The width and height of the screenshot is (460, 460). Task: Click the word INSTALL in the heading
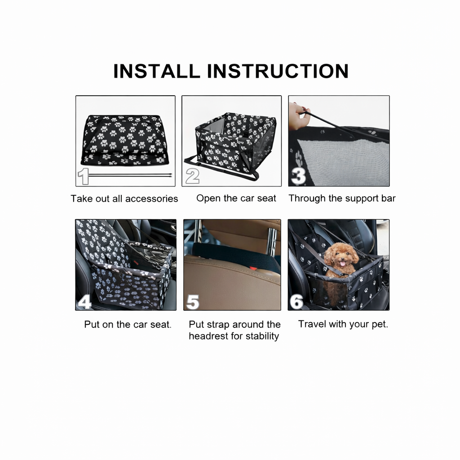[157, 71]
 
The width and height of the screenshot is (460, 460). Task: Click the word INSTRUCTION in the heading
[278, 71]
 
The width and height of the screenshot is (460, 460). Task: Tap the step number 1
[83, 176]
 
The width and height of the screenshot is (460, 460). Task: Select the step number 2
[192, 176]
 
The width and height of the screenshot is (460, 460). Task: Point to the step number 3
[299, 176]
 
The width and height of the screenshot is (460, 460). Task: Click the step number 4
[84, 301]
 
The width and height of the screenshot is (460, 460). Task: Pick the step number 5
[193, 302]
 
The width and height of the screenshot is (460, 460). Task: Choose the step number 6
[296, 301]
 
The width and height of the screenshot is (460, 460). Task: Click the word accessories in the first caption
[151, 199]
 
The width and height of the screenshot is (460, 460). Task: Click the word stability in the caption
[262, 336]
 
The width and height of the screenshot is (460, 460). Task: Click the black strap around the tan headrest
[234, 256]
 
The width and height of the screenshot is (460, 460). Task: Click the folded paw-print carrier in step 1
[125, 140]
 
